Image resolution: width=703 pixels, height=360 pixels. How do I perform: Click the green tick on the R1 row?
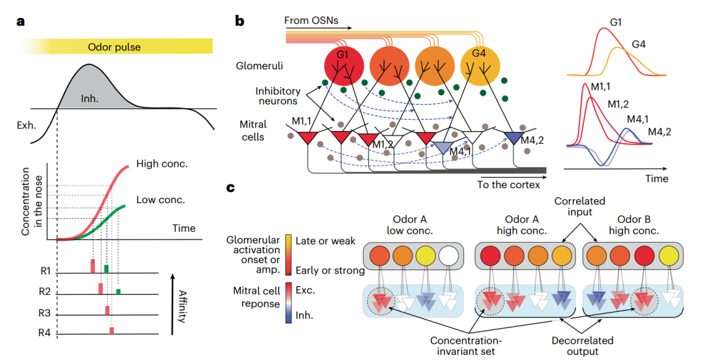106,268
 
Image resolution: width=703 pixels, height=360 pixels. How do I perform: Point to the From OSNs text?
310,21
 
